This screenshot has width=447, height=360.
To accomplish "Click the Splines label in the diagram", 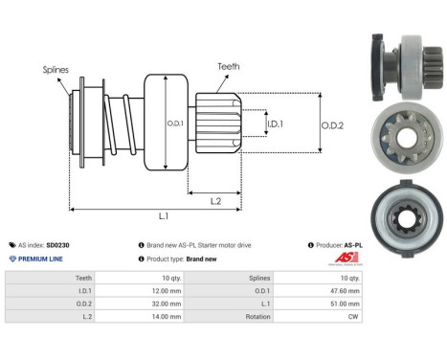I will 55,70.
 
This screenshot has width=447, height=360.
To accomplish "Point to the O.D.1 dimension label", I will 174,123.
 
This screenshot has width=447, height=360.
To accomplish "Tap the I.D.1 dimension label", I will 275,124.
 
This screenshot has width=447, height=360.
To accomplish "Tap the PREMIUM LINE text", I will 42,259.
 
